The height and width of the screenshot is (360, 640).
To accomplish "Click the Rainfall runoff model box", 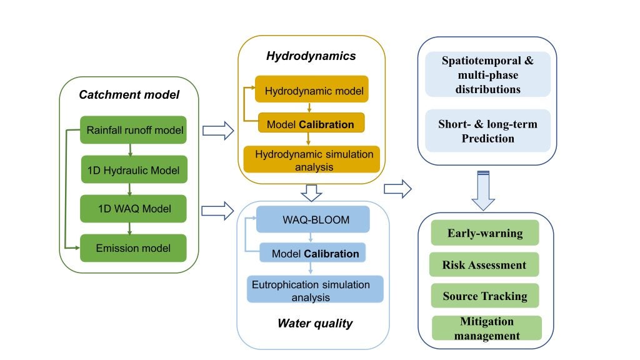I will [x=134, y=130].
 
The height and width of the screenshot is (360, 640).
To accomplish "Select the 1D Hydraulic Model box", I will [x=134, y=169].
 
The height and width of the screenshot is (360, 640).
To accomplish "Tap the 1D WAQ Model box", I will [x=134, y=209].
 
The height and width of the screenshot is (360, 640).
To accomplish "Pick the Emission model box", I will [x=134, y=248].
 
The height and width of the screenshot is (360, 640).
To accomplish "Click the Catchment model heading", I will [x=129, y=96].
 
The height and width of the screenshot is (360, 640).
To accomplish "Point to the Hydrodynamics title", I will [x=311, y=56].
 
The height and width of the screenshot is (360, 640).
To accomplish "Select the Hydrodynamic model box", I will [x=312, y=91].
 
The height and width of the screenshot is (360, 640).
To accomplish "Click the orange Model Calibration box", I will [x=311, y=124].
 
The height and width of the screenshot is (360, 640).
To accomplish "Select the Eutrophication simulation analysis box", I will [x=315, y=290].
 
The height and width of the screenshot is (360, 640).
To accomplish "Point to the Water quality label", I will [x=315, y=324].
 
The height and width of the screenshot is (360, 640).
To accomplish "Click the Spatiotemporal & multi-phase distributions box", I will [x=487, y=74].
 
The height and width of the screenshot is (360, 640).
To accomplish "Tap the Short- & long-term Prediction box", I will [x=487, y=131].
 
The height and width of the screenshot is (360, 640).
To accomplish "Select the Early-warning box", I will [x=484, y=232].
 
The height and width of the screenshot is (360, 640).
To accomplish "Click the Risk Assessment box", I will [x=484, y=264].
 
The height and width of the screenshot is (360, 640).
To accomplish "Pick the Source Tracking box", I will [x=484, y=296].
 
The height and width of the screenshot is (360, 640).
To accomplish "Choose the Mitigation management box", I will [x=487, y=328].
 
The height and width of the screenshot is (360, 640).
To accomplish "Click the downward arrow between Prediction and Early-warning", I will [x=483, y=191].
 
